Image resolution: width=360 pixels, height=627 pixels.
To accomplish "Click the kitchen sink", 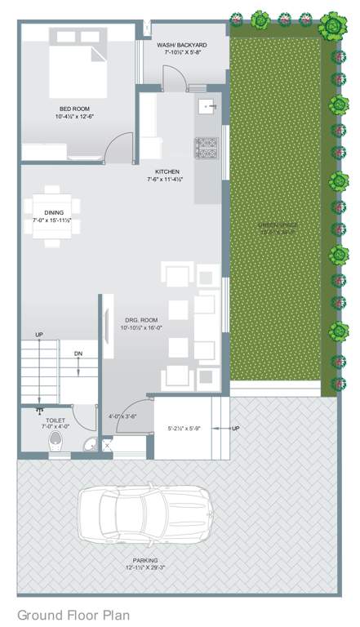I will click(x=207, y=107).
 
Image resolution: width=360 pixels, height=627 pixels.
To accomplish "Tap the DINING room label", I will click(x=54, y=216).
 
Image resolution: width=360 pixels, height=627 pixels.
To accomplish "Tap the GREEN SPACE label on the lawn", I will click(x=278, y=227).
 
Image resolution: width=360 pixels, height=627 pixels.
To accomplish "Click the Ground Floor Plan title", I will click(x=73, y=614).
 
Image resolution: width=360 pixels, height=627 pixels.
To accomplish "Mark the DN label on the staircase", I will click(x=78, y=354).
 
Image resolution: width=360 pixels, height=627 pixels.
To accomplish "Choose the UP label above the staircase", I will click(x=38, y=336).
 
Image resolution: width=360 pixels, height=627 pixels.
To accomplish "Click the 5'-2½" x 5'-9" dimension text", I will click(x=184, y=428).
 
